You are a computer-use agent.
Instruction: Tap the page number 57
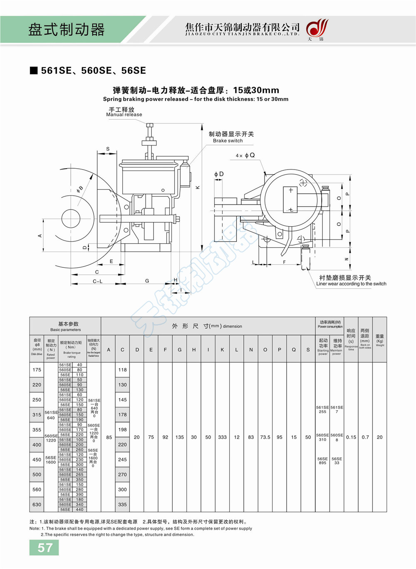(x=45, y=547)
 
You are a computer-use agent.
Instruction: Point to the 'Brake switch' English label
(x=228, y=141)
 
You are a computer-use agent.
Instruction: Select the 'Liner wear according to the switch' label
(x=351, y=284)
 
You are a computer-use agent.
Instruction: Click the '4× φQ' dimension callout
(x=245, y=155)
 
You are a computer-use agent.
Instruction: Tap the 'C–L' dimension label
(x=97, y=282)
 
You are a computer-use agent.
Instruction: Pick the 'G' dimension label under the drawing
(x=147, y=281)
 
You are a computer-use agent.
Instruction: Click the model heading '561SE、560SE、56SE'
(x=93, y=70)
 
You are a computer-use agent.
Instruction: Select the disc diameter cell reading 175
(x=37, y=370)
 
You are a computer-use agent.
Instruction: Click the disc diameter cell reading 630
(x=37, y=504)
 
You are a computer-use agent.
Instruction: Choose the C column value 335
(x=122, y=504)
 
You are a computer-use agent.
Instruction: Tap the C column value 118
(x=122, y=370)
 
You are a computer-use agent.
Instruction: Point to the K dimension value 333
(x=222, y=437)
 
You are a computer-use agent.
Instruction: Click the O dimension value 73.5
(x=265, y=437)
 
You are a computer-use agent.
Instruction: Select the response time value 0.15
(x=351, y=437)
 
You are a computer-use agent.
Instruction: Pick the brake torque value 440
(x=79, y=509)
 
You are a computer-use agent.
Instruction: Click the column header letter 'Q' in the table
(x=294, y=350)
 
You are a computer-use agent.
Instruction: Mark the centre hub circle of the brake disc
(x=71, y=218)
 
